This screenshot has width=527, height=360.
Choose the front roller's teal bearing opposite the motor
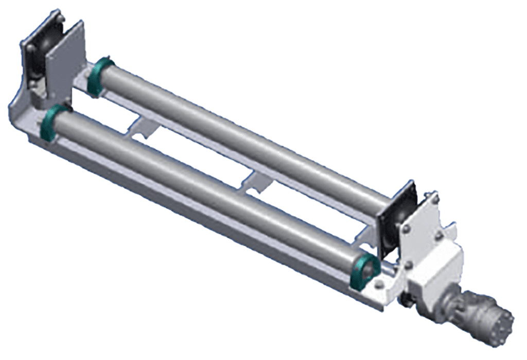click(52, 124)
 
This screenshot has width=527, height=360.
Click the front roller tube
click(206, 191)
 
